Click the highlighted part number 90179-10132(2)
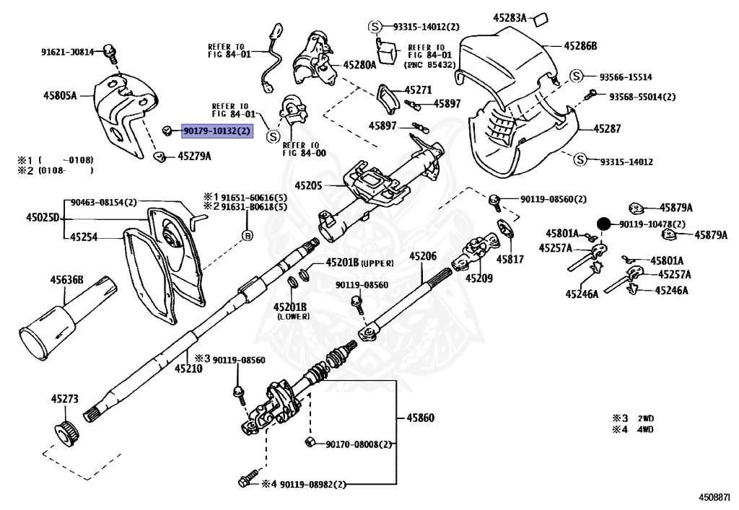point(217,131)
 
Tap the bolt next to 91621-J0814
point(110,50)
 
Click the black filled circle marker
point(605,224)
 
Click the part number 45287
point(607,128)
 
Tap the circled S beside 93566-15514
point(577,76)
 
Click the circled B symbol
point(246,234)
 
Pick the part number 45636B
point(66,280)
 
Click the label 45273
point(64,398)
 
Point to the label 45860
point(419,418)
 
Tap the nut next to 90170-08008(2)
point(307,441)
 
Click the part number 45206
point(423,256)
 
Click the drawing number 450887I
point(714,497)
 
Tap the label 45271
point(417,90)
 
